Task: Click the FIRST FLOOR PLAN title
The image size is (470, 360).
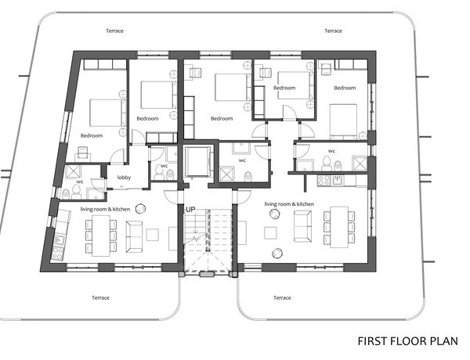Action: point(407,341)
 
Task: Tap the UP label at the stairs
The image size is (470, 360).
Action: point(190,210)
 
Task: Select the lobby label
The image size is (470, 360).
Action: point(124,178)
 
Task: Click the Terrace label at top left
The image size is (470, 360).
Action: point(114,31)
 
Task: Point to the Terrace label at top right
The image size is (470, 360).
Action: point(334,31)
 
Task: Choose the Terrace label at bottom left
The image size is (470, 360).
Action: point(101,297)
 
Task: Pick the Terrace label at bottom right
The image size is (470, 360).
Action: point(282,297)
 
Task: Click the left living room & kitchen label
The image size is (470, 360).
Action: point(105,209)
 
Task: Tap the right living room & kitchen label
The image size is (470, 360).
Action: point(289,204)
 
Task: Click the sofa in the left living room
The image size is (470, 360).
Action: point(134,236)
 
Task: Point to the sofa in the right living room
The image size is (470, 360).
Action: point(302,226)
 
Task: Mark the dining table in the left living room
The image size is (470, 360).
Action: point(101,236)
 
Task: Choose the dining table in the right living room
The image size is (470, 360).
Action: point(339,227)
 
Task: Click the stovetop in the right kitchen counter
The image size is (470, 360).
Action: point(324,181)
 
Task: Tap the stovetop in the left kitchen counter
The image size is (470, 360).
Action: point(57,253)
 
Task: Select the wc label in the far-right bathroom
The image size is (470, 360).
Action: point(331,151)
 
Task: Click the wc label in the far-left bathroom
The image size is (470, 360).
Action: point(80,182)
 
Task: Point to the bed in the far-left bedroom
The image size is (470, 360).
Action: point(107,113)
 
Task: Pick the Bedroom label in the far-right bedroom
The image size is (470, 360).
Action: point(345,88)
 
